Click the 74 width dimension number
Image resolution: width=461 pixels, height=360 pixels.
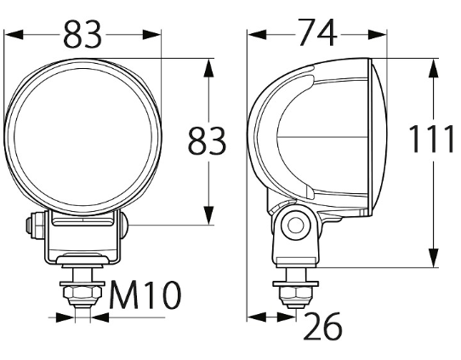tap(317, 32)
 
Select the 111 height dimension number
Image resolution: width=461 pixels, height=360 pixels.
tap(431, 139)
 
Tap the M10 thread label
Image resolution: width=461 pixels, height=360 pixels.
tap(145, 294)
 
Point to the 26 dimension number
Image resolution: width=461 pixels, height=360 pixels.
tap(322, 326)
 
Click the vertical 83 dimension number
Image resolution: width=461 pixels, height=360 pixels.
tap(207, 141)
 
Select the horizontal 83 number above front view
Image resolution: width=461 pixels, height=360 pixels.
tap(83, 34)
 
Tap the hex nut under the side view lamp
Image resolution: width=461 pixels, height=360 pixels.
tap(296, 294)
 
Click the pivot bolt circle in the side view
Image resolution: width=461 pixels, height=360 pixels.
tap(295, 226)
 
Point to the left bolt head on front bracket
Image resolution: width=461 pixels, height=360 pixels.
tap(35, 226)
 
